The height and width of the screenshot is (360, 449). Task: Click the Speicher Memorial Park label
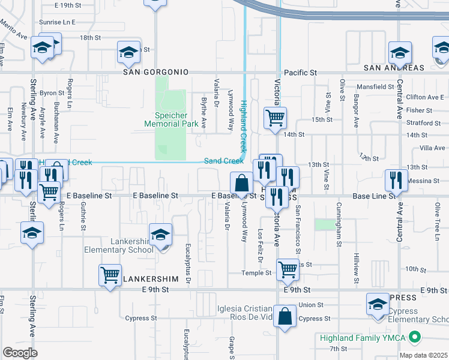click(x=171, y=119)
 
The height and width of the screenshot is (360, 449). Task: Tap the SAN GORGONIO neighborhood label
click(x=156, y=72)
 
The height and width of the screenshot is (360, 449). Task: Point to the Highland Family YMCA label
click(x=363, y=338)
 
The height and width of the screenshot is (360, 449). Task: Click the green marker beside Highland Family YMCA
click(x=413, y=338)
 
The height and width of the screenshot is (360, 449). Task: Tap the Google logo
click(x=20, y=352)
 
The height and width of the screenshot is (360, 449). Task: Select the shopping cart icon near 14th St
click(x=275, y=118)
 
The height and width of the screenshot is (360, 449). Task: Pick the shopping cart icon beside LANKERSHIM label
click(x=110, y=275)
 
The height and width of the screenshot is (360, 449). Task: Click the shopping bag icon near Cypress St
click(x=285, y=316)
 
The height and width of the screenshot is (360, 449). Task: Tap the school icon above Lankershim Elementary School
click(x=160, y=235)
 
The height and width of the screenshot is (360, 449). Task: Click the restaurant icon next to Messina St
click(x=396, y=180)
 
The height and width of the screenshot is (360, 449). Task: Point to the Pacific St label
click(x=300, y=73)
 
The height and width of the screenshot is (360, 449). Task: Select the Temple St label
click(x=256, y=273)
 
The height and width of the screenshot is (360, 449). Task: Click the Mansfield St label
click(x=374, y=87)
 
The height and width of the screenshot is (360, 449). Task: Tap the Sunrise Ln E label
click(x=57, y=22)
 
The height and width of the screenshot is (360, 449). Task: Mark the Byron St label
click(x=52, y=93)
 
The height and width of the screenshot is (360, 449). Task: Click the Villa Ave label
click(x=433, y=148)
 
